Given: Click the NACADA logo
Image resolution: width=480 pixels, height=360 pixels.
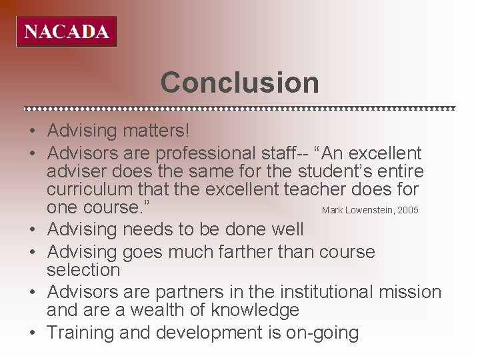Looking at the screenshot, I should pyautogui.click(x=66, y=31).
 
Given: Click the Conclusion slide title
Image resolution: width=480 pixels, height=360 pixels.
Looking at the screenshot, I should pyautogui.click(x=239, y=83).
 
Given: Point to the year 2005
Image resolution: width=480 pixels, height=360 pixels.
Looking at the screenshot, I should pyautogui.click(x=407, y=211).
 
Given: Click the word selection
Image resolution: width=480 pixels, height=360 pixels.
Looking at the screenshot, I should pyautogui.click(x=83, y=269).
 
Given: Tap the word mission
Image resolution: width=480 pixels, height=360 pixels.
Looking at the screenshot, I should pyautogui.click(x=410, y=291).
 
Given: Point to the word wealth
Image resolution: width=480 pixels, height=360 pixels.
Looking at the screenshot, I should pyautogui.click(x=158, y=309).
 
